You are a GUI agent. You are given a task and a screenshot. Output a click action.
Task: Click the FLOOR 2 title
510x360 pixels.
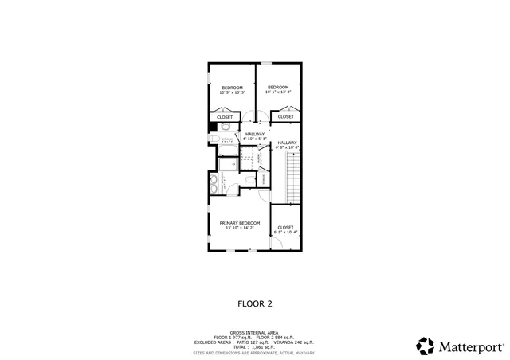click(x=255, y=303)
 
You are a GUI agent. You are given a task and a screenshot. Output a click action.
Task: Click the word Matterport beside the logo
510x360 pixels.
click(x=470, y=346)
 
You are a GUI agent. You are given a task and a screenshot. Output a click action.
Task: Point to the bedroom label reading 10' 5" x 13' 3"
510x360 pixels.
click(x=232, y=89)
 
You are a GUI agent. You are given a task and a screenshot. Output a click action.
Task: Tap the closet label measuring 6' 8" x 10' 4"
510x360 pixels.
click(x=285, y=229)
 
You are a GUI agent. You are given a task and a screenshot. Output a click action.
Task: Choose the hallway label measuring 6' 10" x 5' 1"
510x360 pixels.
click(x=255, y=136)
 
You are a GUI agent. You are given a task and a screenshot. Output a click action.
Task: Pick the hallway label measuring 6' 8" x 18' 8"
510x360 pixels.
click(x=287, y=145)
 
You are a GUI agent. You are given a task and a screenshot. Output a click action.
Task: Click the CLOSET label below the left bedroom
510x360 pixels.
click(x=226, y=117)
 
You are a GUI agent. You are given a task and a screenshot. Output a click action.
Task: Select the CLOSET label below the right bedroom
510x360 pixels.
click(x=285, y=117)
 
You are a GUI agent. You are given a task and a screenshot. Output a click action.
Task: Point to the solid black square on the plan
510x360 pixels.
click(x=212, y=127)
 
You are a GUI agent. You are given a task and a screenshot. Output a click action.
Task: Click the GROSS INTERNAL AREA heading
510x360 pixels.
click(x=254, y=332)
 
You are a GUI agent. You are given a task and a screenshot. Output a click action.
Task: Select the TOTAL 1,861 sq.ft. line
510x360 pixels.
click(x=254, y=347)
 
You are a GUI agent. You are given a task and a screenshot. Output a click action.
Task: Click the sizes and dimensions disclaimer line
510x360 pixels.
click(x=254, y=352)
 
